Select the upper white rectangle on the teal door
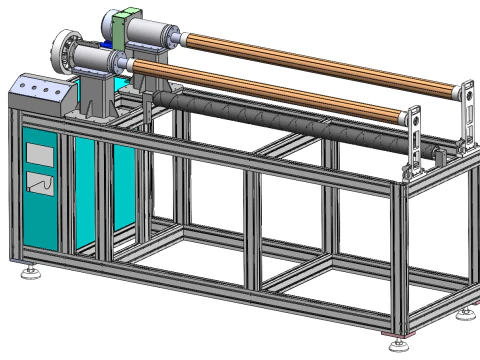(x=39, y=153)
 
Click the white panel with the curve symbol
(x=41, y=185)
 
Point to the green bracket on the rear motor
(x=127, y=27)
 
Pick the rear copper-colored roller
(x=320, y=64)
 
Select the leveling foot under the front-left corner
(x=30, y=269)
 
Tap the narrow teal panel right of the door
(x=86, y=195)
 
